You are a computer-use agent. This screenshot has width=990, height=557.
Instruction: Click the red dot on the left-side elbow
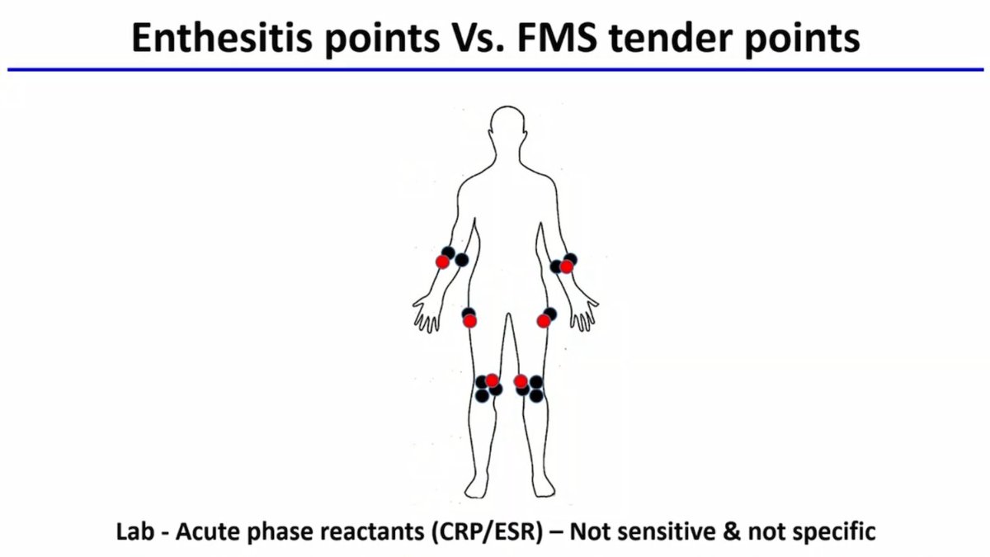[443, 262]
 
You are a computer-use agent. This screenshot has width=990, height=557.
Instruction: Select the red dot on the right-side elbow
[566, 267]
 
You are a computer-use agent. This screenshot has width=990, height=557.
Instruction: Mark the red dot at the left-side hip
[469, 321]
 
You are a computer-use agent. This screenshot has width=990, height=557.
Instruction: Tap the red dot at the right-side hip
[543, 321]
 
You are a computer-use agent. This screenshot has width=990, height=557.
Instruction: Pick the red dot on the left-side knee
[493, 380]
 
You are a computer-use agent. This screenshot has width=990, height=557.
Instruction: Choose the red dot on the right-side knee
[521, 380]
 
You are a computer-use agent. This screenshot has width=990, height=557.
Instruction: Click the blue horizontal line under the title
[495, 70]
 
